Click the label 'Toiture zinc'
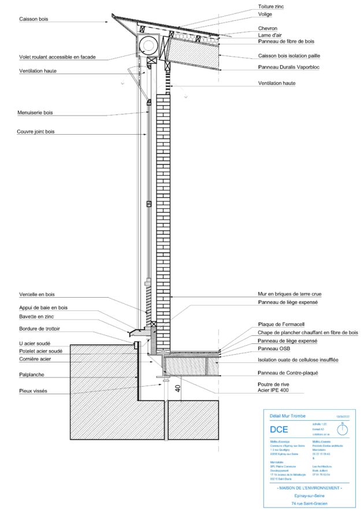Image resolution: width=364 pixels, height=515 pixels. coord(271,6)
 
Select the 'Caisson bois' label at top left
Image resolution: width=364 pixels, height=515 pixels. coord(34,19)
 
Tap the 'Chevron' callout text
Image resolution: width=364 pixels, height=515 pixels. coord(268,28)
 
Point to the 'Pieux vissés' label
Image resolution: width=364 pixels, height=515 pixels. coord(33,391)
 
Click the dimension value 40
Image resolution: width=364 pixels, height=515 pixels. coord(177,388)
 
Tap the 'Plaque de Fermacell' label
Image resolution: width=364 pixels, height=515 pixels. coord(281,324)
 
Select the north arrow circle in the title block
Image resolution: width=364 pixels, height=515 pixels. coord(343,430)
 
